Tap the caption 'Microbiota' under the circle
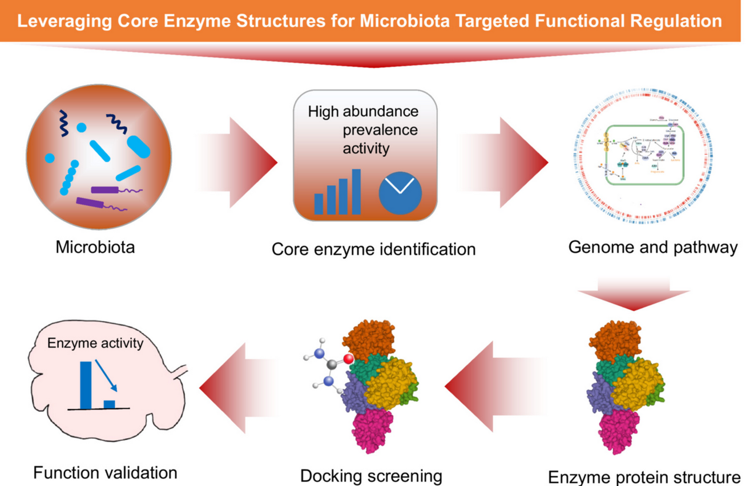pos(95,248)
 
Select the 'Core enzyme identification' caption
pos(373,249)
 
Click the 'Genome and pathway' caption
pos(653,248)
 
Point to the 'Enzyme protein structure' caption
pos(644,476)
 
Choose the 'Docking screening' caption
pos(371,475)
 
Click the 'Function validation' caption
pos(105,472)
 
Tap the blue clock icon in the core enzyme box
pos(400,192)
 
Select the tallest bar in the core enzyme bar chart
pos(356,191)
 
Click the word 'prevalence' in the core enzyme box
pos(380,129)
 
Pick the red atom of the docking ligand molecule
pos(349,359)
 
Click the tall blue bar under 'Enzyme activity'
pos(86,385)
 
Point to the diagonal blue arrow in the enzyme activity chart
pos(106,375)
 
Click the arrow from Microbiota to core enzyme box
pos(240,163)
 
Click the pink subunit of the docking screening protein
pos(374,430)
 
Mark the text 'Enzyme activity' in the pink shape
pos(95,343)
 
